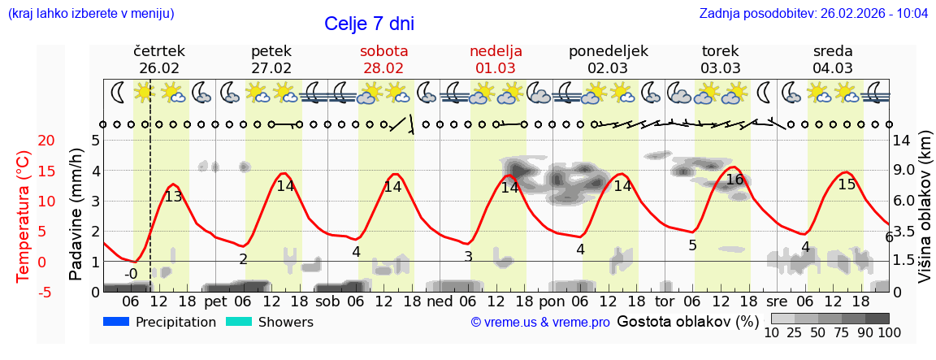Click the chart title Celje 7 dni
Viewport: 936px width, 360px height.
369,24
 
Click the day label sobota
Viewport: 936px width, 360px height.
383,51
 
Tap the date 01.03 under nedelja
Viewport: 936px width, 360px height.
496,68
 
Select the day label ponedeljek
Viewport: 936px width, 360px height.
608,51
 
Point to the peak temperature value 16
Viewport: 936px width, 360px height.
734,180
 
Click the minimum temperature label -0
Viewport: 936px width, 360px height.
131,274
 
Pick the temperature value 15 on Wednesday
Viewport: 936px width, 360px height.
847,184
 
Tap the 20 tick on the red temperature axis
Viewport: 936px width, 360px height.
24,141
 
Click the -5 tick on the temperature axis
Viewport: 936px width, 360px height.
24,292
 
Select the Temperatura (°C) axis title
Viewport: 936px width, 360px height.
24,215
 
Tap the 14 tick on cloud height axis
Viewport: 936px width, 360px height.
902,141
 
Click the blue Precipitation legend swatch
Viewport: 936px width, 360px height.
116,322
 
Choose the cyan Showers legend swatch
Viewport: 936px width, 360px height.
239,322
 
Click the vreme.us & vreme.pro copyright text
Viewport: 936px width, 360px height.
540,323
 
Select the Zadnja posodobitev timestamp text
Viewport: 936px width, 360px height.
813,14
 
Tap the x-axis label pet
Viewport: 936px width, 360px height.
215,301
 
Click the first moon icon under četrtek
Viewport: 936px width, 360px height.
119,92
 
